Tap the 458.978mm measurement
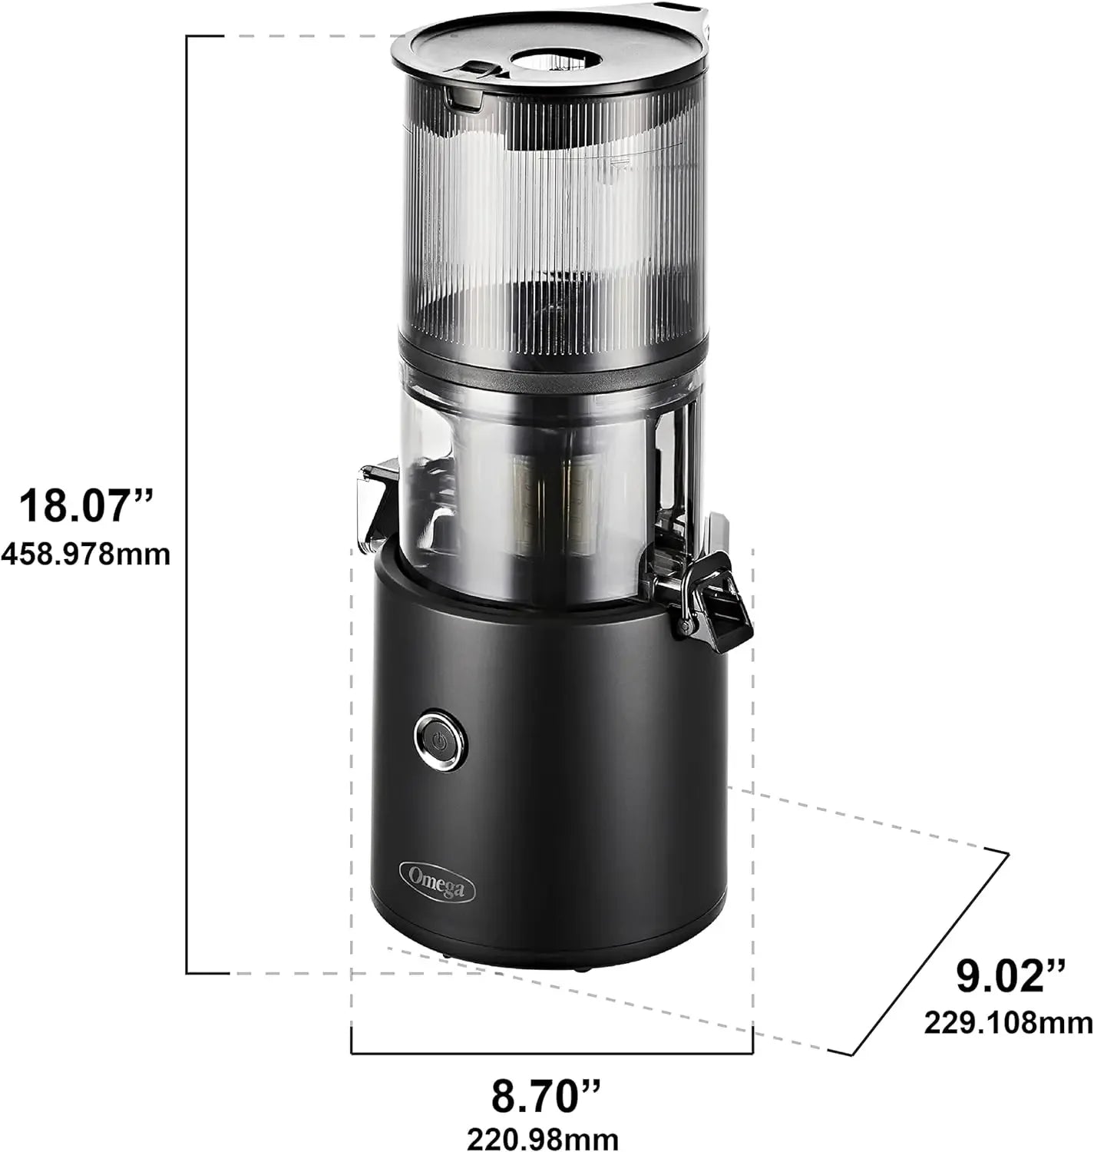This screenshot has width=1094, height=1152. point(86,554)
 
